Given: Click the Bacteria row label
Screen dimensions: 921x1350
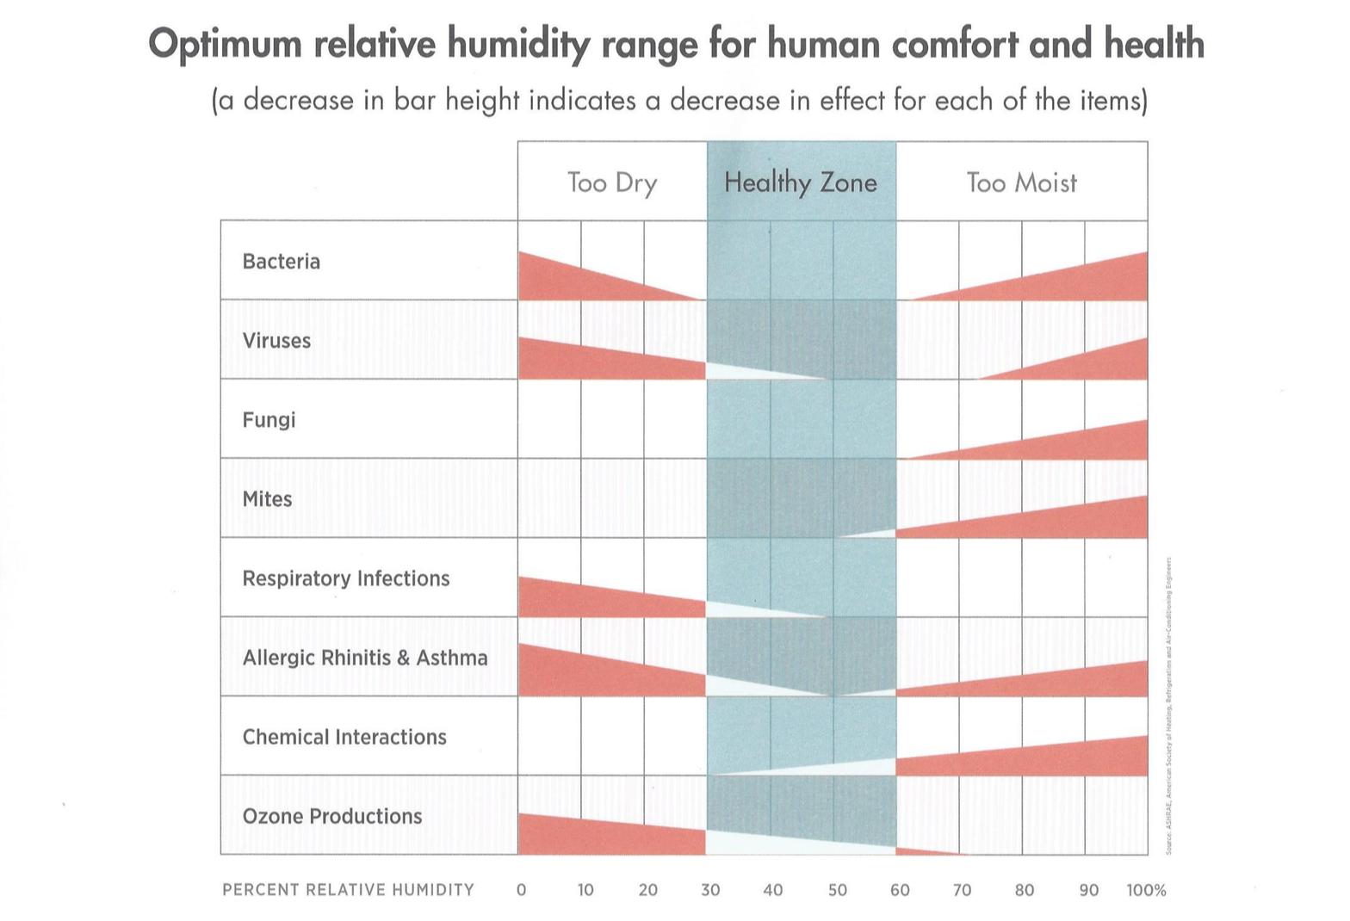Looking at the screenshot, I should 281,262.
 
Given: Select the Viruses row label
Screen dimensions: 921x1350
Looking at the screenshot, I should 276,341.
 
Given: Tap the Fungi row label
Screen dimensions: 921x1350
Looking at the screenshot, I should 269,420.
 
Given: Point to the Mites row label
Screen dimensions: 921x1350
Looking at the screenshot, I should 267,499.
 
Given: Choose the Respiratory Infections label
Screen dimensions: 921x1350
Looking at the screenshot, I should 346,578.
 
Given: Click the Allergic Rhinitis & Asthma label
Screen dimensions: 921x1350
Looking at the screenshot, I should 365,658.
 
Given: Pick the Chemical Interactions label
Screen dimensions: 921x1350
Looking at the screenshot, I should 344,737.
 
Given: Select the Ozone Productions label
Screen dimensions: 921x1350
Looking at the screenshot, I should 332,816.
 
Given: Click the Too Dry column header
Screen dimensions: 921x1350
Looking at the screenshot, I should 612,182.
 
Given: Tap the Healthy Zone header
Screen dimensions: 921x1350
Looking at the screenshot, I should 801,182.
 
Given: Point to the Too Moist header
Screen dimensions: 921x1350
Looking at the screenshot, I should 1021,182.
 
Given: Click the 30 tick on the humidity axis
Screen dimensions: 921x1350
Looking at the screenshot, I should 710,890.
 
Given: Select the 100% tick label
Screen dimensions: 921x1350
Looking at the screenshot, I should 1146,890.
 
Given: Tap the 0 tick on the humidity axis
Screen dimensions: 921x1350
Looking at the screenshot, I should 521,890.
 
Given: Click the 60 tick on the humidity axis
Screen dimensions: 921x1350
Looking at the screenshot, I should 900,890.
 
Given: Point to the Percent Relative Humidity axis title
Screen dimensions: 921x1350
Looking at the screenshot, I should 348,890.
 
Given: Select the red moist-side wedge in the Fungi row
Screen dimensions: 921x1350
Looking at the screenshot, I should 1093,443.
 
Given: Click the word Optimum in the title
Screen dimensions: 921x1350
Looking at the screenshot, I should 225,43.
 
